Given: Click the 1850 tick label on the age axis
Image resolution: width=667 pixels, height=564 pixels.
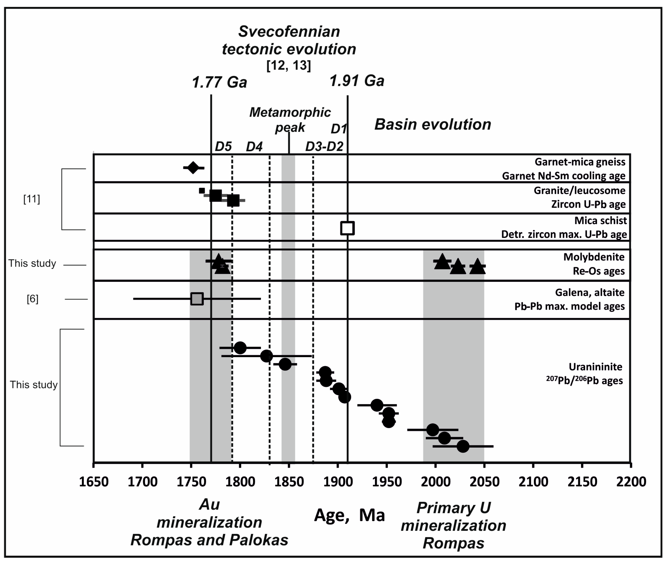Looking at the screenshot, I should coord(289,482).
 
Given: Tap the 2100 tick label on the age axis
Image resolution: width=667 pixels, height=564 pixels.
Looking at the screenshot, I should coord(533,482).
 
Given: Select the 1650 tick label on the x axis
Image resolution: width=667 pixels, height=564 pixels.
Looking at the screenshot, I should coord(94,482).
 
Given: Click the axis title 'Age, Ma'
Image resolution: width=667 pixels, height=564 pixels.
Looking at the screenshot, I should coord(349,515).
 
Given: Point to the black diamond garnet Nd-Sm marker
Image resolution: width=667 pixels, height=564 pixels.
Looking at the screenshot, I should coord(193,168).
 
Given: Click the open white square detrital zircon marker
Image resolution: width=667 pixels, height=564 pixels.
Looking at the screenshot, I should coord(347,228).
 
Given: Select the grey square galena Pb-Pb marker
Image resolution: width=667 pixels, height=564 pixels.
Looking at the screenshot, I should coord(197,299).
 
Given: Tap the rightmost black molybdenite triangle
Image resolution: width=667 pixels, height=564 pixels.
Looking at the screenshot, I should coord(477,267).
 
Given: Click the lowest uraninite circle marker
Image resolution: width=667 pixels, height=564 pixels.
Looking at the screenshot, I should coord(463,446).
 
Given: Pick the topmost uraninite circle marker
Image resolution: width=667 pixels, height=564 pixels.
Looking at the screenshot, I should coord(240,348).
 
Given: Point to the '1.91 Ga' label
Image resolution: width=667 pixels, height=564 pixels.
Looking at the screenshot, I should coord(357,81).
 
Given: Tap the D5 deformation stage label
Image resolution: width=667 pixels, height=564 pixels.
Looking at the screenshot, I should coord(223,147).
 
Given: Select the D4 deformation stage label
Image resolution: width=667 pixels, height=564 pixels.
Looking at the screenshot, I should coord(254,147).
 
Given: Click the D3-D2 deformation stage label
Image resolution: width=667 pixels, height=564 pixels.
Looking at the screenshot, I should coord(324,147).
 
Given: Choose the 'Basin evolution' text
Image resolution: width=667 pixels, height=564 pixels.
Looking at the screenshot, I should coord(433,124).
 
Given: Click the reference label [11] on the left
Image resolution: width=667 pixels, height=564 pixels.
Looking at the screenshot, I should coord(32,199).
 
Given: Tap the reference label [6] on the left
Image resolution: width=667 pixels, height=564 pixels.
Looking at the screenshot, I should coord(32,299).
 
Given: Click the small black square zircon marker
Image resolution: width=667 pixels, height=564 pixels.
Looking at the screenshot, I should coord(202,191).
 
